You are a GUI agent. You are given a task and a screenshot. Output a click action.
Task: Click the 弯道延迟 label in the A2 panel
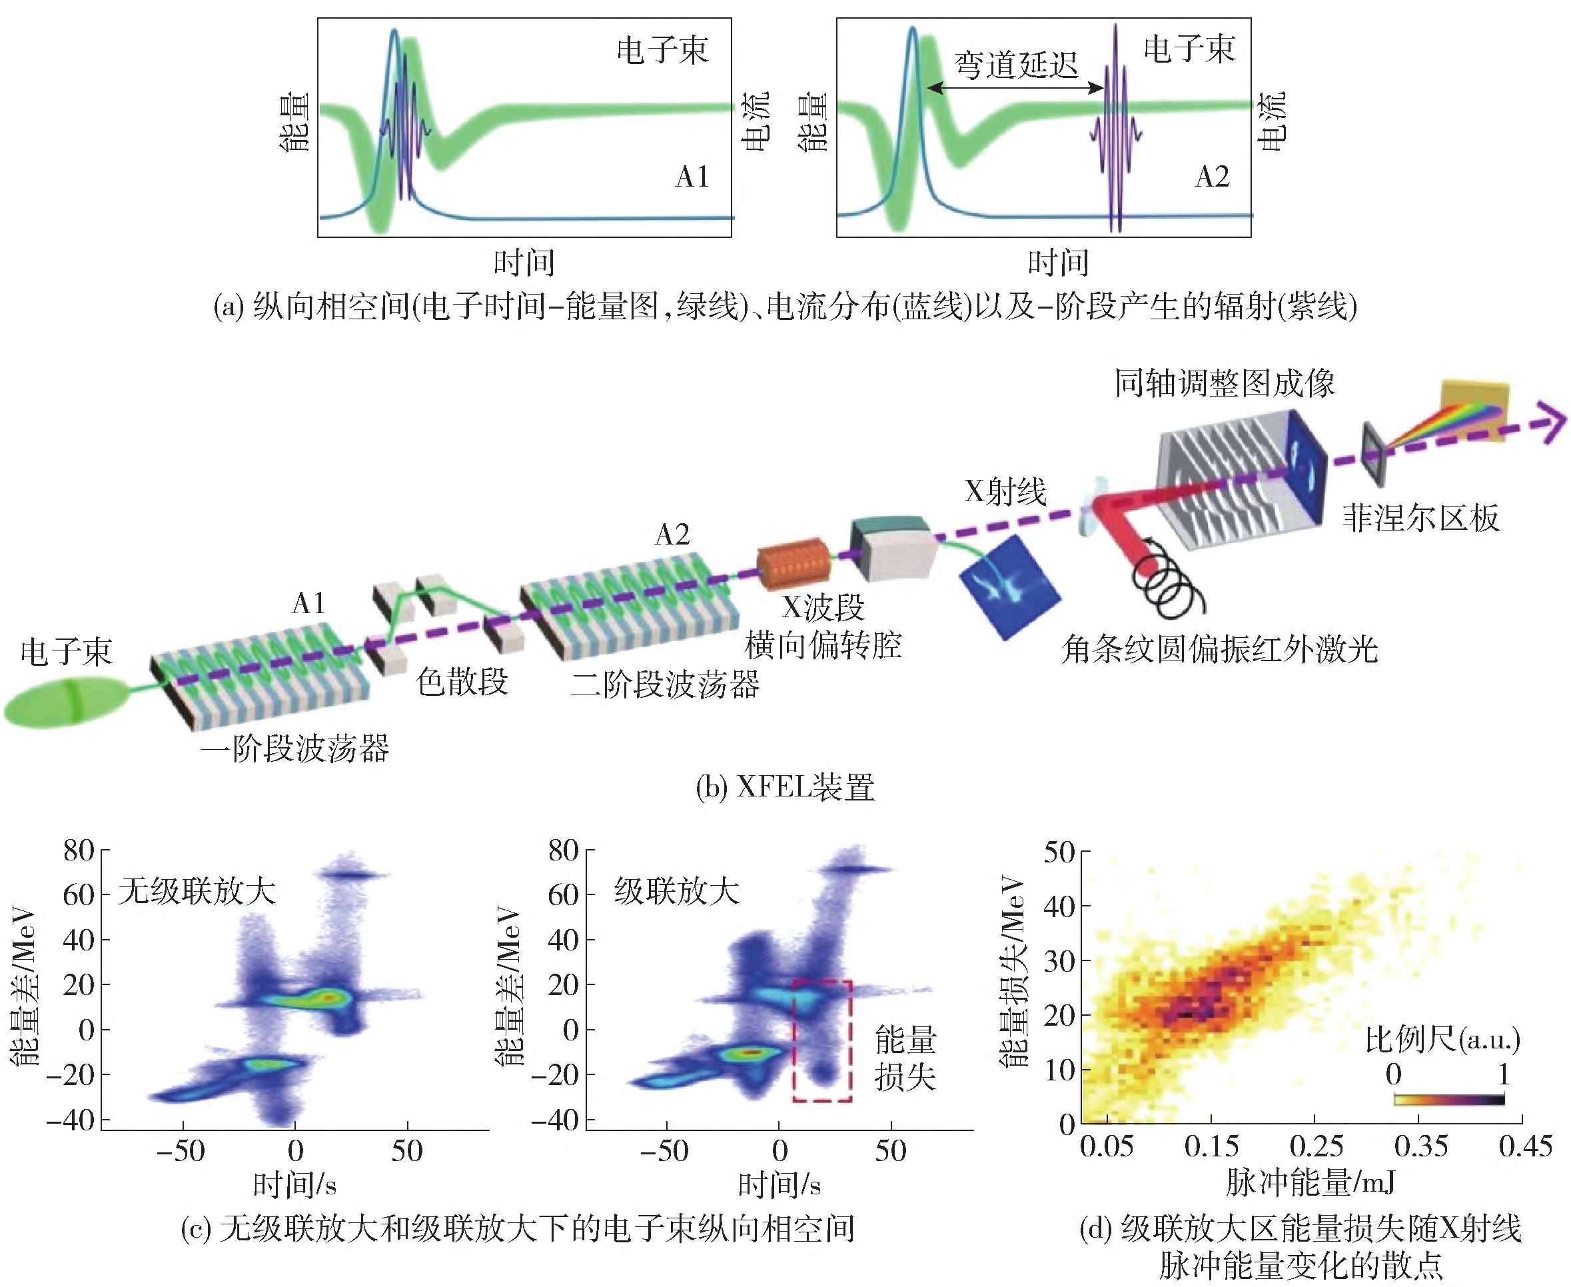pos(1015,65)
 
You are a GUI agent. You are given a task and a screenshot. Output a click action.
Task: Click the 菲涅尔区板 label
pos(1420,517)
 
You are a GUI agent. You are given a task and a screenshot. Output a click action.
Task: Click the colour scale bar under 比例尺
pos(1448,1100)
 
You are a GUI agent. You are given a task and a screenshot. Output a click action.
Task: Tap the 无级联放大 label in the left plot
pos(197,890)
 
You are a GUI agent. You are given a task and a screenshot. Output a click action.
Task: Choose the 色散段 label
pos(462,680)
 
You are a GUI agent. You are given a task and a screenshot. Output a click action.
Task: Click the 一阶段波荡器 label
pos(294,748)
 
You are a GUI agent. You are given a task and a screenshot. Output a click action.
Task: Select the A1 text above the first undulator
pos(309,603)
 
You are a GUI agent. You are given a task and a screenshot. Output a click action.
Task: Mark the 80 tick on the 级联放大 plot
pos(564,850)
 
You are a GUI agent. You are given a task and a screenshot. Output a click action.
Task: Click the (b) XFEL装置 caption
pos(785,786)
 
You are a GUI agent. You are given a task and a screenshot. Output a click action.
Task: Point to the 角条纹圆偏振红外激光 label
pos(1219,648)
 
